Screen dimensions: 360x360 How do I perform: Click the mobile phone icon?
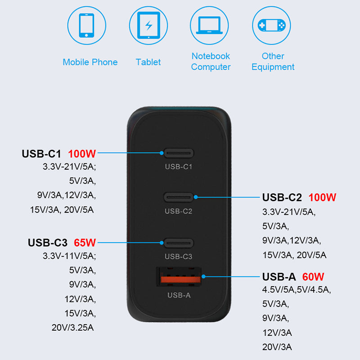tap(86, 25)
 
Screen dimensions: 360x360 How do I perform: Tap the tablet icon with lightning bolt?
tap(148, 25)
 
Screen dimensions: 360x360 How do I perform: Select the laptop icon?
tap(209, 25)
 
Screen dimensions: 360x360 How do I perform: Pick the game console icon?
tap(272, 25)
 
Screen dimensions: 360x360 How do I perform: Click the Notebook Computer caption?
tap(211, 62)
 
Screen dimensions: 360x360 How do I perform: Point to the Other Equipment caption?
tap(273, 62)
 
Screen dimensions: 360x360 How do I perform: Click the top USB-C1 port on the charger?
tap(179, 153)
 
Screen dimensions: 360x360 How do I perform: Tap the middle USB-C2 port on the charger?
tap(179, 197)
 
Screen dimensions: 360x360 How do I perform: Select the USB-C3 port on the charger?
tap(179, 243)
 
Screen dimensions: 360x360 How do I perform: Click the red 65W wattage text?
tap(85, 243)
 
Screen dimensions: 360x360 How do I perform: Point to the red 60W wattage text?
tap(313, 277)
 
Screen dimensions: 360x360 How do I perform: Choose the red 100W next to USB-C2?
tap(322, 198)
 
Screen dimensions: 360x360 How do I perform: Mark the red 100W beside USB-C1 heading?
tap(82, 154)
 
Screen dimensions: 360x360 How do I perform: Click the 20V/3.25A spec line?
tap(72, 328)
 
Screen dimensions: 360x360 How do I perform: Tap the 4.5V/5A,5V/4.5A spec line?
tap(297, 290)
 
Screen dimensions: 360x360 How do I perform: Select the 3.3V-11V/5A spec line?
tap(69, 256)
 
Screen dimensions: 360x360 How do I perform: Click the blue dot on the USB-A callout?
tap(203, 276)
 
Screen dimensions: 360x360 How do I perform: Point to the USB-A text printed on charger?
tap(179, 295)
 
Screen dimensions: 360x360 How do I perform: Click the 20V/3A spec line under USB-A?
tap(277, 347)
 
